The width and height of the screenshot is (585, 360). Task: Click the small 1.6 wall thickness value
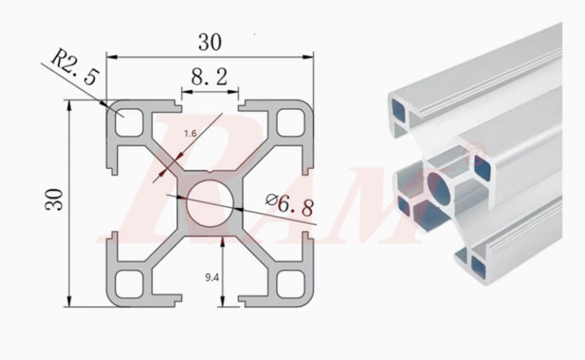point(190,132)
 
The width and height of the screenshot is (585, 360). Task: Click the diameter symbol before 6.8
point(272,199)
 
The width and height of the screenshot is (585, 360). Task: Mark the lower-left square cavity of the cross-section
point(129,285)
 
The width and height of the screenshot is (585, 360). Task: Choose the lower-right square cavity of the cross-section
point(290,285)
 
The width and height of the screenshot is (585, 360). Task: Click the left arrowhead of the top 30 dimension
point(108,56)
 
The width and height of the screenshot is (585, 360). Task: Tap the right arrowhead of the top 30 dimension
point(311,56)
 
